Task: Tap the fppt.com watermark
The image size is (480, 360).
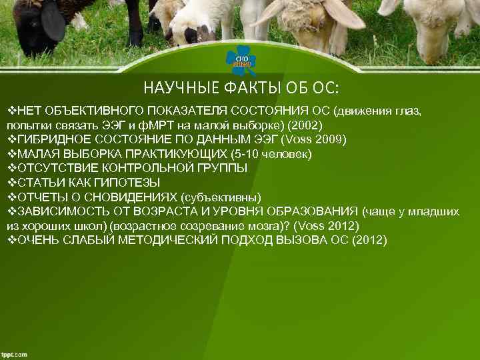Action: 15,354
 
